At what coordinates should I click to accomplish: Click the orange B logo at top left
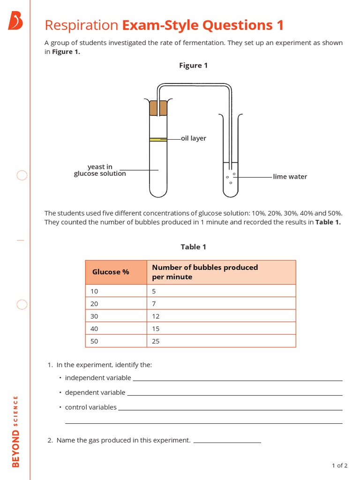point(15,22)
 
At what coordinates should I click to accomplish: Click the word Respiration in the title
point(81,25)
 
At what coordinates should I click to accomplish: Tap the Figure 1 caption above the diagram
point(193,66)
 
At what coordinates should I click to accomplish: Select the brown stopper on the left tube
point(158,108)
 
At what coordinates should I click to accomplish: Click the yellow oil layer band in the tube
point(158,139)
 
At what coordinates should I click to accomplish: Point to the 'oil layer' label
point(194,138)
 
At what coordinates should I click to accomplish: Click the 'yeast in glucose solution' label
point(100,170)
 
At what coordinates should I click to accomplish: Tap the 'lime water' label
point(290,177)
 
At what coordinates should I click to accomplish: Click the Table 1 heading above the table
point(194,247)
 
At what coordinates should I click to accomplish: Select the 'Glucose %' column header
point(111,272)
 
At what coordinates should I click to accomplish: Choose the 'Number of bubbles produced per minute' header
point(205,272)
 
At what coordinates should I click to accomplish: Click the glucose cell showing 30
point(95,316)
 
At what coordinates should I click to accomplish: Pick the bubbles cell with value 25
point(156,341)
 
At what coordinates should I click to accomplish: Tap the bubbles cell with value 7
point(154,303)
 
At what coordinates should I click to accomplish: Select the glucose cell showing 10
point(95,291)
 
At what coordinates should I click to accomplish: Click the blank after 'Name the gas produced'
point(227,441)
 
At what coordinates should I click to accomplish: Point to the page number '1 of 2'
point(339,465)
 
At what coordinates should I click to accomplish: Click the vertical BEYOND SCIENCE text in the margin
point(15,432)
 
